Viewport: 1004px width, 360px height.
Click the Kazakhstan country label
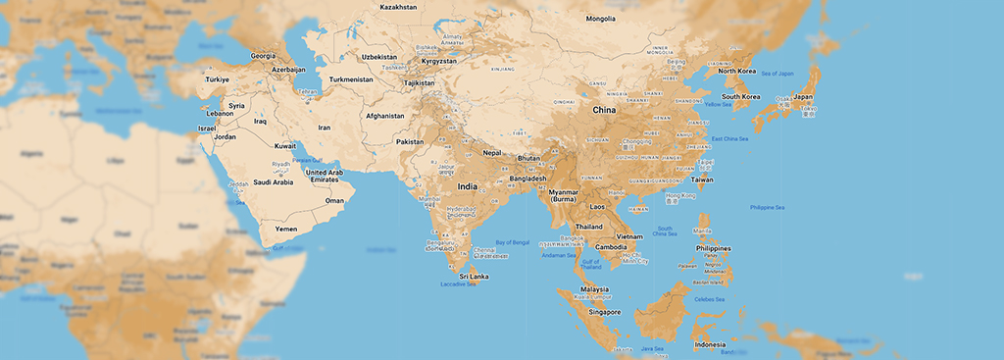pyautogui.click(x=398, y=7)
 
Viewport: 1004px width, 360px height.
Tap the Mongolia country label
pyautogui.click(x=600, y=19)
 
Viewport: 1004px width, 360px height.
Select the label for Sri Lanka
pyautogui.click(x=475, y=277)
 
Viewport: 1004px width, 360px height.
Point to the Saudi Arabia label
pyautogui.click(x=274, y=181)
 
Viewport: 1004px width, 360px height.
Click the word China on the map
pyautogui.click(x=604, y=110)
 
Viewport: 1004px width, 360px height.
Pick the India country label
pyautogui.click(x=468, y=186)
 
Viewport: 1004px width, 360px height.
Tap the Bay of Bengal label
pyautogui.click(x=512, y=242)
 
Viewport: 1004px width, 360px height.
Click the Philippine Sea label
pyautogui.click(x=768, y=207)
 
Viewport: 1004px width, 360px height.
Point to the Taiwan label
pyautogui.click(x=702, y=180)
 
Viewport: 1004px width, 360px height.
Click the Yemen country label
pyautogui.click(x=285, y=229)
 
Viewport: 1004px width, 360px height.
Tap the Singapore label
pyautogui.click(x=604, y=312)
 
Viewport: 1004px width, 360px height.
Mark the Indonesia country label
pyautogui.click(x=710, y=344)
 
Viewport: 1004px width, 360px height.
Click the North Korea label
pyautogui.click(x=737, y=71)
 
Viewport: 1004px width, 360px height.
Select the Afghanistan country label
pyautogui.click(x=385, y=116)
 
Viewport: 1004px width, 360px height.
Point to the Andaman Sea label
pyautogui.click(x=558, y=255)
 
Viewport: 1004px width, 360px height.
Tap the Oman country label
pyautogui.click(x=335, y=201)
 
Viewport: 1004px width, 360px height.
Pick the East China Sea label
pyautogui.click(x=729, y=138)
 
